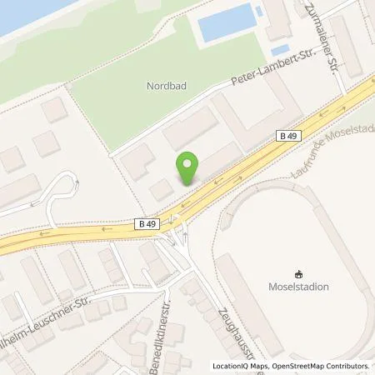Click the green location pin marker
[189, 167]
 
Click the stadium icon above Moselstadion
[298, 273]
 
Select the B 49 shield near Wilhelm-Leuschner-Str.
[147, 223]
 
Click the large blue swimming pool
[225, 22]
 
